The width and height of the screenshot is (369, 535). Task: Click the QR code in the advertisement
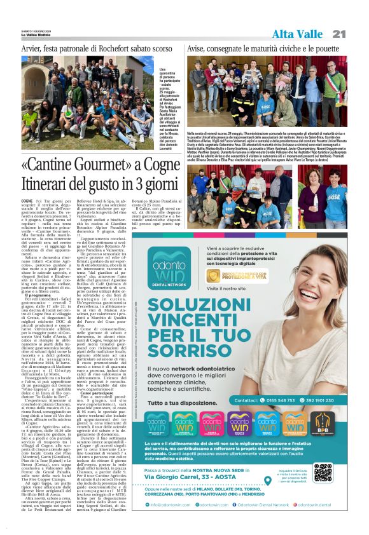click(x=323, y=471)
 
